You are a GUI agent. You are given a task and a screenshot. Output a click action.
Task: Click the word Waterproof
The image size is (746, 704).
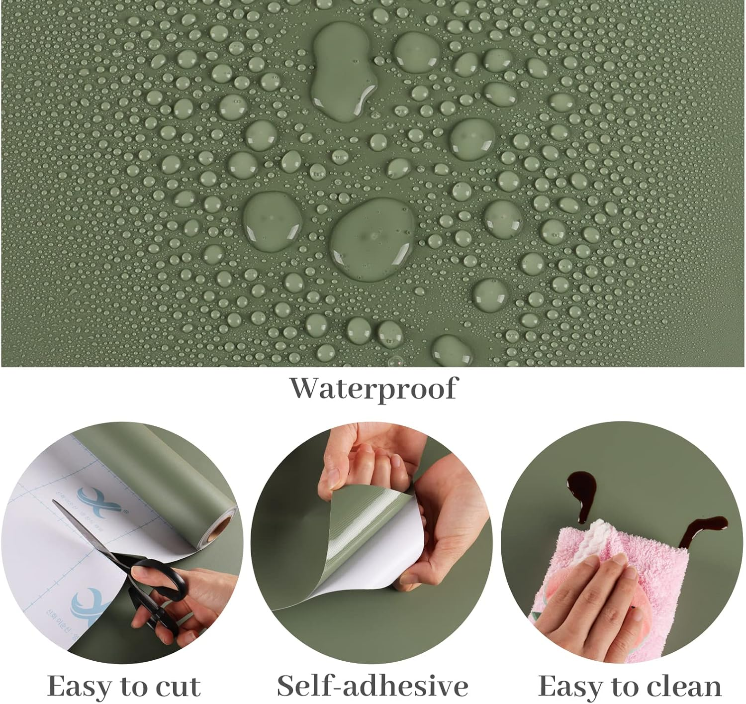pyautogui.click(x=373, y=388)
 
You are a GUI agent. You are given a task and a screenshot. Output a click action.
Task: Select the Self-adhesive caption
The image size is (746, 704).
pyautogui.click(x=373, y=686)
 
